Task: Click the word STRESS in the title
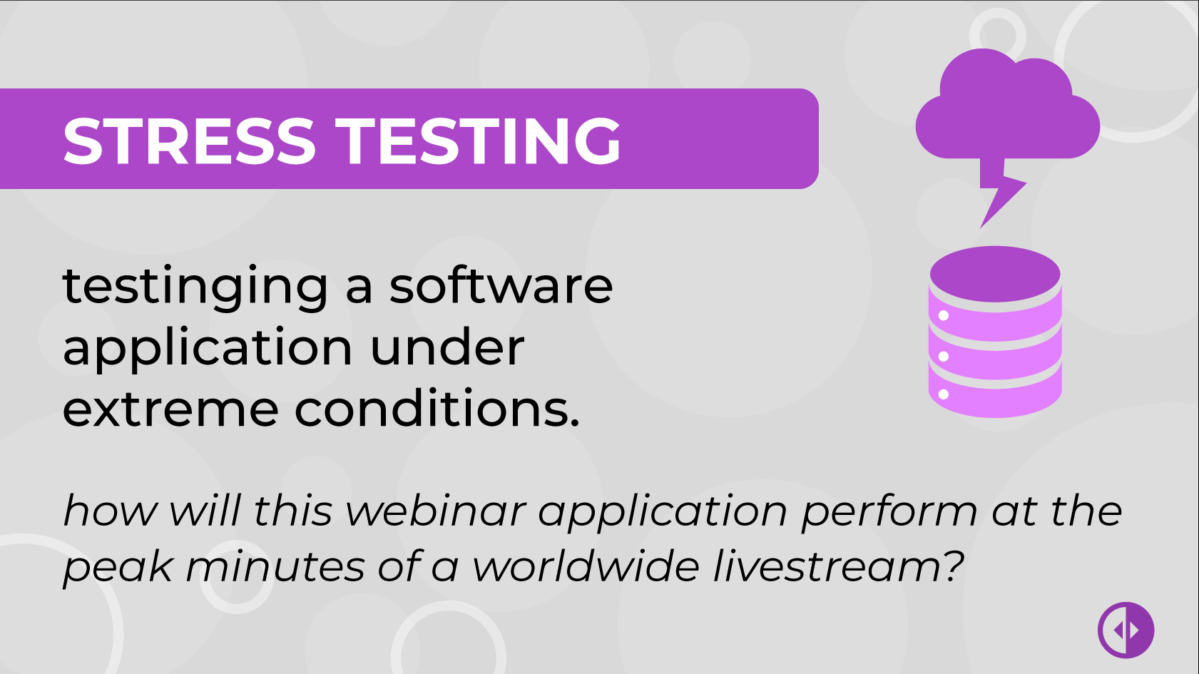[190, 141]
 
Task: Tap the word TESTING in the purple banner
[478, 141]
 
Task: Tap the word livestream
[838, 566]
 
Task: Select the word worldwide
[586, 566]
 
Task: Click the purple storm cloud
[1007, 105]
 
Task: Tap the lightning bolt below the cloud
[1000, 193]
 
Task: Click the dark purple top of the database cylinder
[995, 274]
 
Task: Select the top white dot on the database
[944, 316]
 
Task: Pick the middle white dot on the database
[944, 356]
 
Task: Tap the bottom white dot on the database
[944, 394]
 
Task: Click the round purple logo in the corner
[1126, 630]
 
